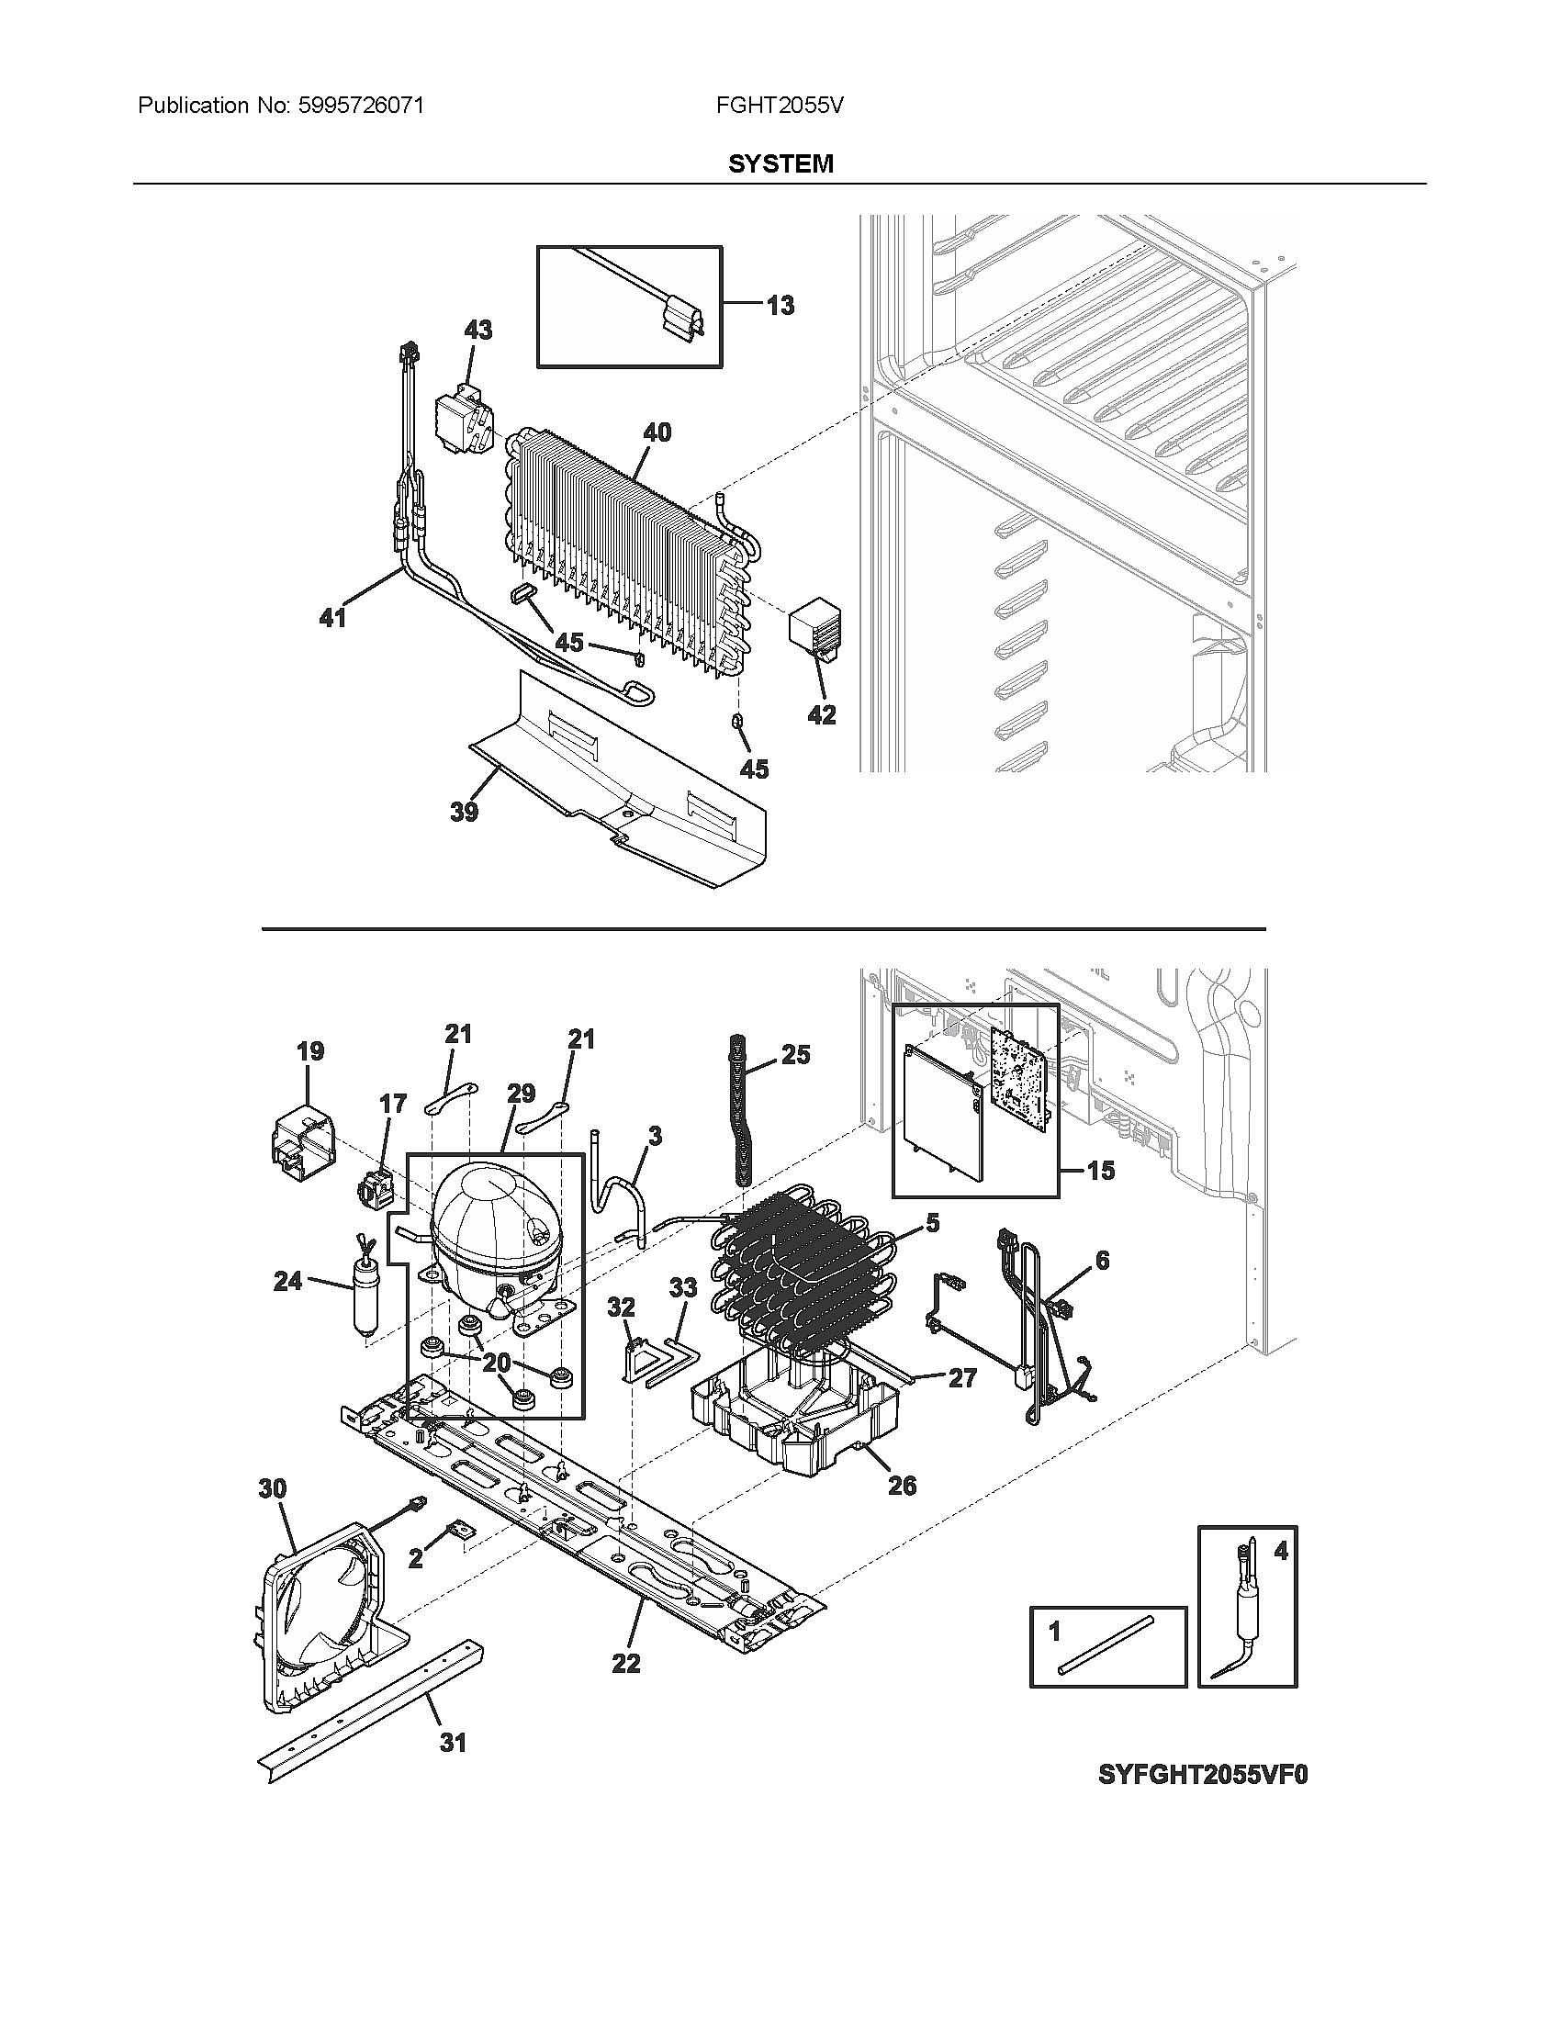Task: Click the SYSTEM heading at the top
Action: (x=780, y=163)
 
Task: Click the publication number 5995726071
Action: (x=360, y=106)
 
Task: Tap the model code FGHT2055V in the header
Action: (x=779, y=106)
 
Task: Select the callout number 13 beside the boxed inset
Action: (x=780, y=305)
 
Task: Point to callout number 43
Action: (x=477, y=331)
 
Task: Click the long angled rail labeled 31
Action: (x=370, y=1711)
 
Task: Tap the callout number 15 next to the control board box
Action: (x=1100, y=1171)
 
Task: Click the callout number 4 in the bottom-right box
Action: (x=1280, y=1551)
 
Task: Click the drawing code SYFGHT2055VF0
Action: (x=1202, y=1775)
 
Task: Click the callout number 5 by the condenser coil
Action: (x=932, y=1224)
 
